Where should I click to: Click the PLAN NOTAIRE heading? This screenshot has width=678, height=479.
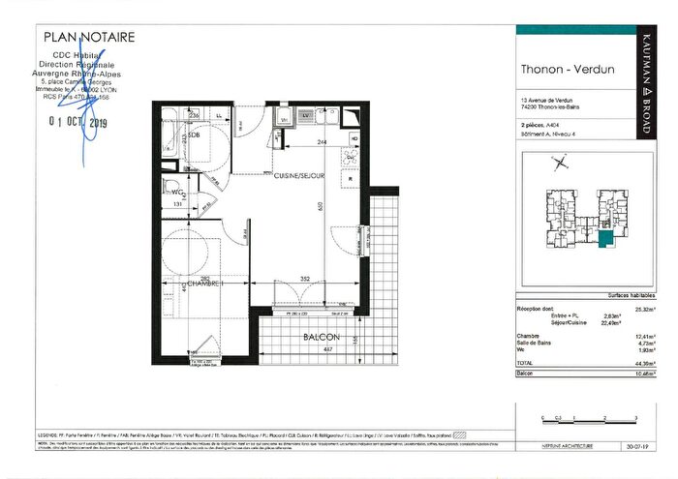(x=90, y=38)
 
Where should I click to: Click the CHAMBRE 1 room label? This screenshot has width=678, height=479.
(x=205, y=284)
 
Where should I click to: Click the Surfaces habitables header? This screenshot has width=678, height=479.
(x=634, y=294)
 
